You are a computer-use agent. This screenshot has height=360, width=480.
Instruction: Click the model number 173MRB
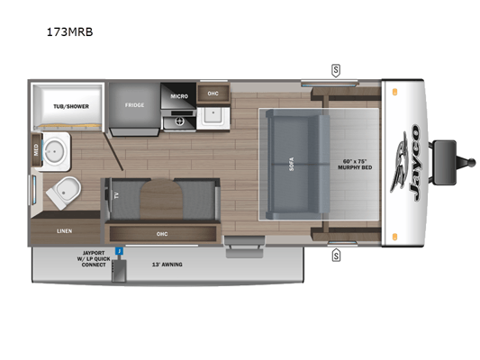click(x=69, y=31)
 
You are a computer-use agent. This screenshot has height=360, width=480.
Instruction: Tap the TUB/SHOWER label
click(x=71, y=106)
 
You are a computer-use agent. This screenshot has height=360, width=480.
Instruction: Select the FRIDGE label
click(x=134, y=105)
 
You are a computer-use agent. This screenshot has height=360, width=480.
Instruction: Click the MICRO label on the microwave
click(x=179, y=96)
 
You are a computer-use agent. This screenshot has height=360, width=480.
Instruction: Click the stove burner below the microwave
click(x=179, y=122)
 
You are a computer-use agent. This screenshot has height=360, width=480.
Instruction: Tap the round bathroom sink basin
click(x=54, y=151)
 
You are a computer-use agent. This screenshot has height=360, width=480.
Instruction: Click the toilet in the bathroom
click(x=64, y=193)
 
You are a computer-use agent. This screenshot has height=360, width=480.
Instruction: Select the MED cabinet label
click(x=36, y=150)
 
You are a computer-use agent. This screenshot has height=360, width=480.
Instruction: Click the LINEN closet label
click(x=64, y=231)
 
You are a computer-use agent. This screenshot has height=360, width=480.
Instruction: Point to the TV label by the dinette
click(x=116, y=196)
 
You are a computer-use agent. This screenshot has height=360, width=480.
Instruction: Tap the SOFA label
click(x=292, y=164)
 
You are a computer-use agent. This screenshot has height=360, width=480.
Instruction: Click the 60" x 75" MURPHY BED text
click(x=355, y=164)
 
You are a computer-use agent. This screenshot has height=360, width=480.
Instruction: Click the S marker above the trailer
click(x=336, y=71)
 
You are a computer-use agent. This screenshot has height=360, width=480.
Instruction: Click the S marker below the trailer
click(x=336, y=256)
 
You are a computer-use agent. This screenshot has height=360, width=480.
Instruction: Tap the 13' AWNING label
click(x=168, y=265)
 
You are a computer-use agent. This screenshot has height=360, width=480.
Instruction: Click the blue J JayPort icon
click(x=119, y=251)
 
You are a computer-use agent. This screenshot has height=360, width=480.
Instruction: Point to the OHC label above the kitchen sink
click(x=213, y=94)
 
